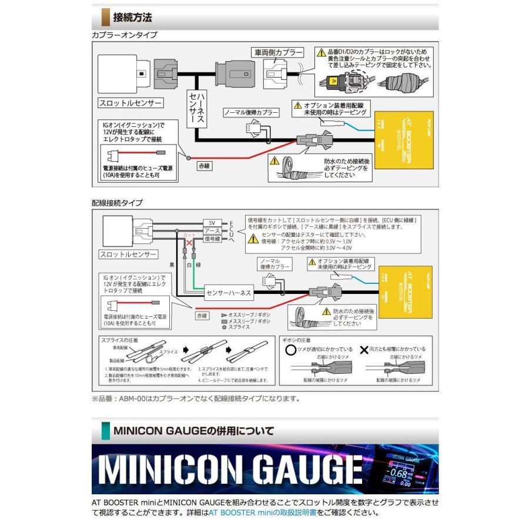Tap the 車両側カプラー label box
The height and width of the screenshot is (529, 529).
tap(277, 53)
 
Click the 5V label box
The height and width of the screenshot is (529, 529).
tap(213, 223)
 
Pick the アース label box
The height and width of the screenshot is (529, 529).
tap(213, 232)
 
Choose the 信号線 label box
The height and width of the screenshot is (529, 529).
tap(213, 240)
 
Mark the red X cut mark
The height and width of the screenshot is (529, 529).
tap(189, 242)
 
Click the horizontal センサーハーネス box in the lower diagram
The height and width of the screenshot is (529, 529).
tap(229, 292)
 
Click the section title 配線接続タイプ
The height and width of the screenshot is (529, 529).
tap(117, 203)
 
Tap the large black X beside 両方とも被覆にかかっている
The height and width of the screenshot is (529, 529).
tap(364, 349)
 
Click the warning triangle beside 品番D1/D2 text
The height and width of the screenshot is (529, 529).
tap(320, 53)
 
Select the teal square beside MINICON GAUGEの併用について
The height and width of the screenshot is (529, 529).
tap(106, 431)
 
